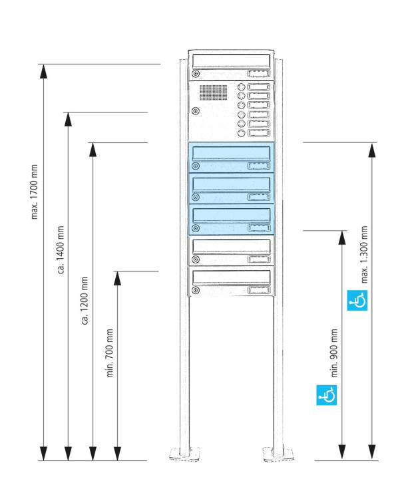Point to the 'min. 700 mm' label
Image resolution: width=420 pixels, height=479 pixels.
(x=110, y=353)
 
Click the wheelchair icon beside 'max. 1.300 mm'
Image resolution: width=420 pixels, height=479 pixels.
(x=358, y=301)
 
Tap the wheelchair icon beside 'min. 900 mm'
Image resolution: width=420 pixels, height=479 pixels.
(x=326, y=395)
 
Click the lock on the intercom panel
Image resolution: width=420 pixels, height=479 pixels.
(x=195, y=111)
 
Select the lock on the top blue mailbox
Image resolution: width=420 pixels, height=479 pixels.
(x=196, y=166)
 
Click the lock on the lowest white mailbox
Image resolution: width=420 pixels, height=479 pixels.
(x=196, y=290)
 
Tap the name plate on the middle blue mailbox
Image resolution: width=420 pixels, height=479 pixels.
(x=258, y=197)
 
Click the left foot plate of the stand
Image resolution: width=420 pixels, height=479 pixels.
(x=185, y=454)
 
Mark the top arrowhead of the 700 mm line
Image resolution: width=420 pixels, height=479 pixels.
(x=118, y=278)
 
